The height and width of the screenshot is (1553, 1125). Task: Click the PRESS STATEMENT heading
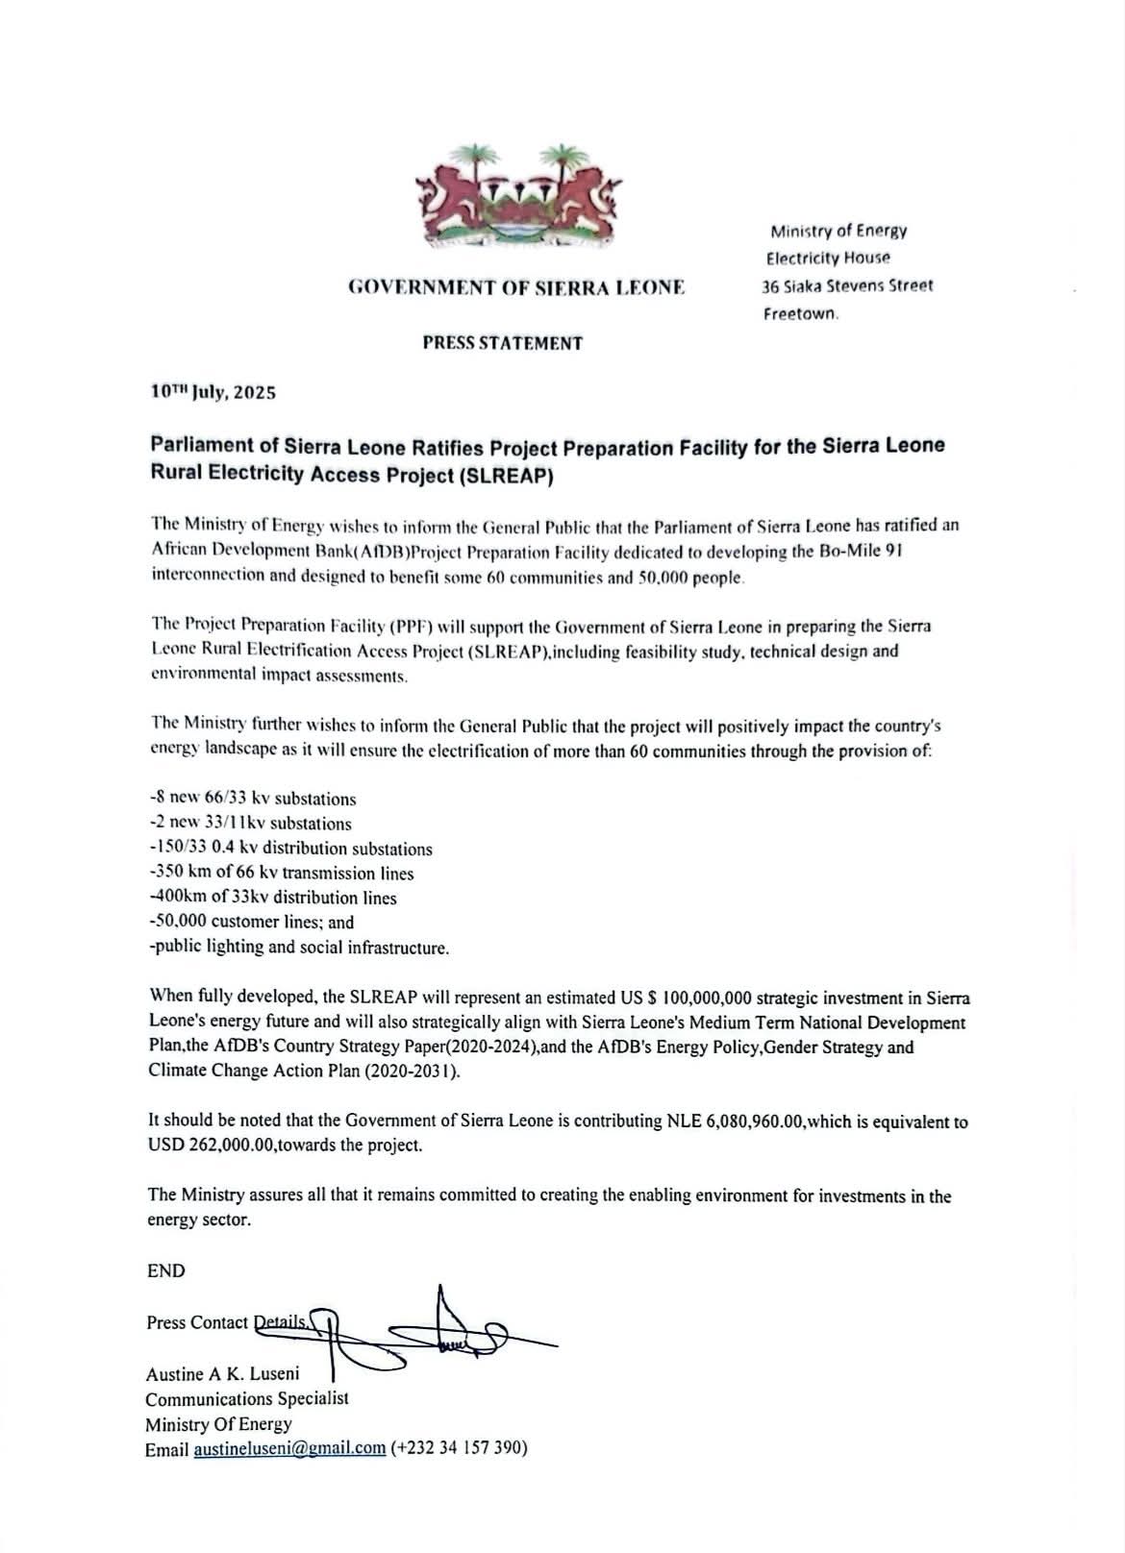pos(502,342)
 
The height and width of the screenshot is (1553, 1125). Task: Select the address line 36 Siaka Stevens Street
pos(847,285)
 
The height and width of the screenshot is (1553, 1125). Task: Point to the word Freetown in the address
pos(801,313)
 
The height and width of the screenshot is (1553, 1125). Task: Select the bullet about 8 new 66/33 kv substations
pos(254,799)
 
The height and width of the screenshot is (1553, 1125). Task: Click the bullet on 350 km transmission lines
pos(283,874)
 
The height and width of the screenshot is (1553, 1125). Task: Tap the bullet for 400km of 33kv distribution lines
pos(274,898)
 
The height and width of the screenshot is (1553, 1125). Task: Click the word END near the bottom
pos(165,1270)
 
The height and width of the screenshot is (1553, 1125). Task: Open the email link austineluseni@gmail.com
pos(289,1449)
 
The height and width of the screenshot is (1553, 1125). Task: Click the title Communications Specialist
pos(247,1399)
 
